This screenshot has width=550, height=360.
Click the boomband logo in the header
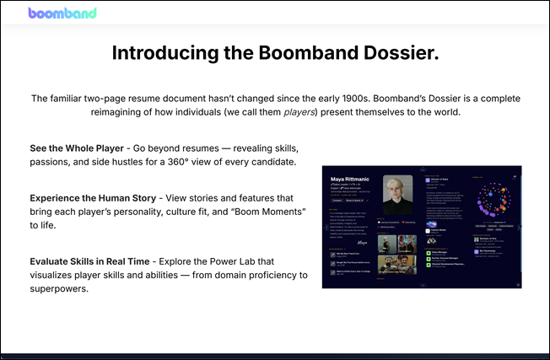click(x=62, y=13)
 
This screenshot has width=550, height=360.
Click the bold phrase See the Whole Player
click(x=84, y=148)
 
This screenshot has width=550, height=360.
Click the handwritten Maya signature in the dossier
click(x=342, y=247)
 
